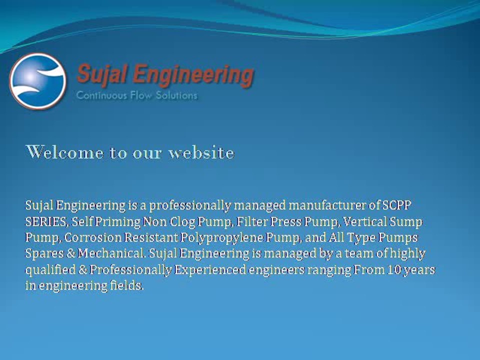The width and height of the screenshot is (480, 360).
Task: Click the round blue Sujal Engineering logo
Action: (38, 81)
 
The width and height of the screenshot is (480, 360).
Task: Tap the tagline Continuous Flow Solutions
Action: (136, 95)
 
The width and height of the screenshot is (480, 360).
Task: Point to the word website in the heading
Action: (201, 152)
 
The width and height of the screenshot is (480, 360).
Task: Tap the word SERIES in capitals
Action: (45, 221)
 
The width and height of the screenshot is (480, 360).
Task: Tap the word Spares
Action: (43, 253)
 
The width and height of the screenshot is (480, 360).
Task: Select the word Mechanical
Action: (112, 253)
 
